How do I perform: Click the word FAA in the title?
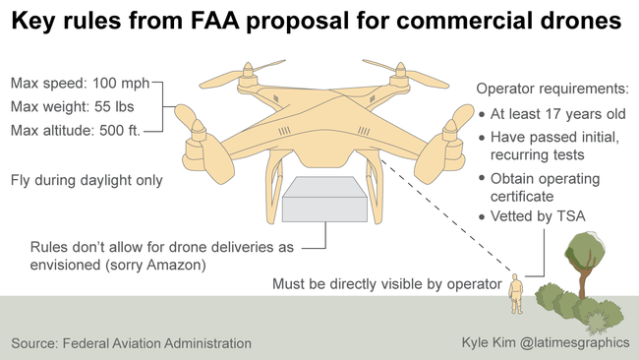(214, 21)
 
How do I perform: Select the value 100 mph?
(121, 84)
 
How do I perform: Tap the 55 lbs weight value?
(114, 107)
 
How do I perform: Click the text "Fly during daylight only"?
(87, 180)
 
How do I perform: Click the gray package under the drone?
(324, 200)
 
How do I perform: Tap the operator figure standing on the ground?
(516, 293)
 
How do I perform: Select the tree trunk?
(584, 278)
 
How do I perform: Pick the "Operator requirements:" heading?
(552, 89)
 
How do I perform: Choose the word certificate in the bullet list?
(522, 197)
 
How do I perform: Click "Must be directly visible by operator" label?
(387, 284)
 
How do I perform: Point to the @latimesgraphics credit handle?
(575, 342)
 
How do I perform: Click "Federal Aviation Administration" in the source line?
(157, 343)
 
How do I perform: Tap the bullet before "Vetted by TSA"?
(482, 217)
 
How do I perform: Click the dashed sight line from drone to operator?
(446, 215)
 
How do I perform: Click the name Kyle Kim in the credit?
(489, 341)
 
